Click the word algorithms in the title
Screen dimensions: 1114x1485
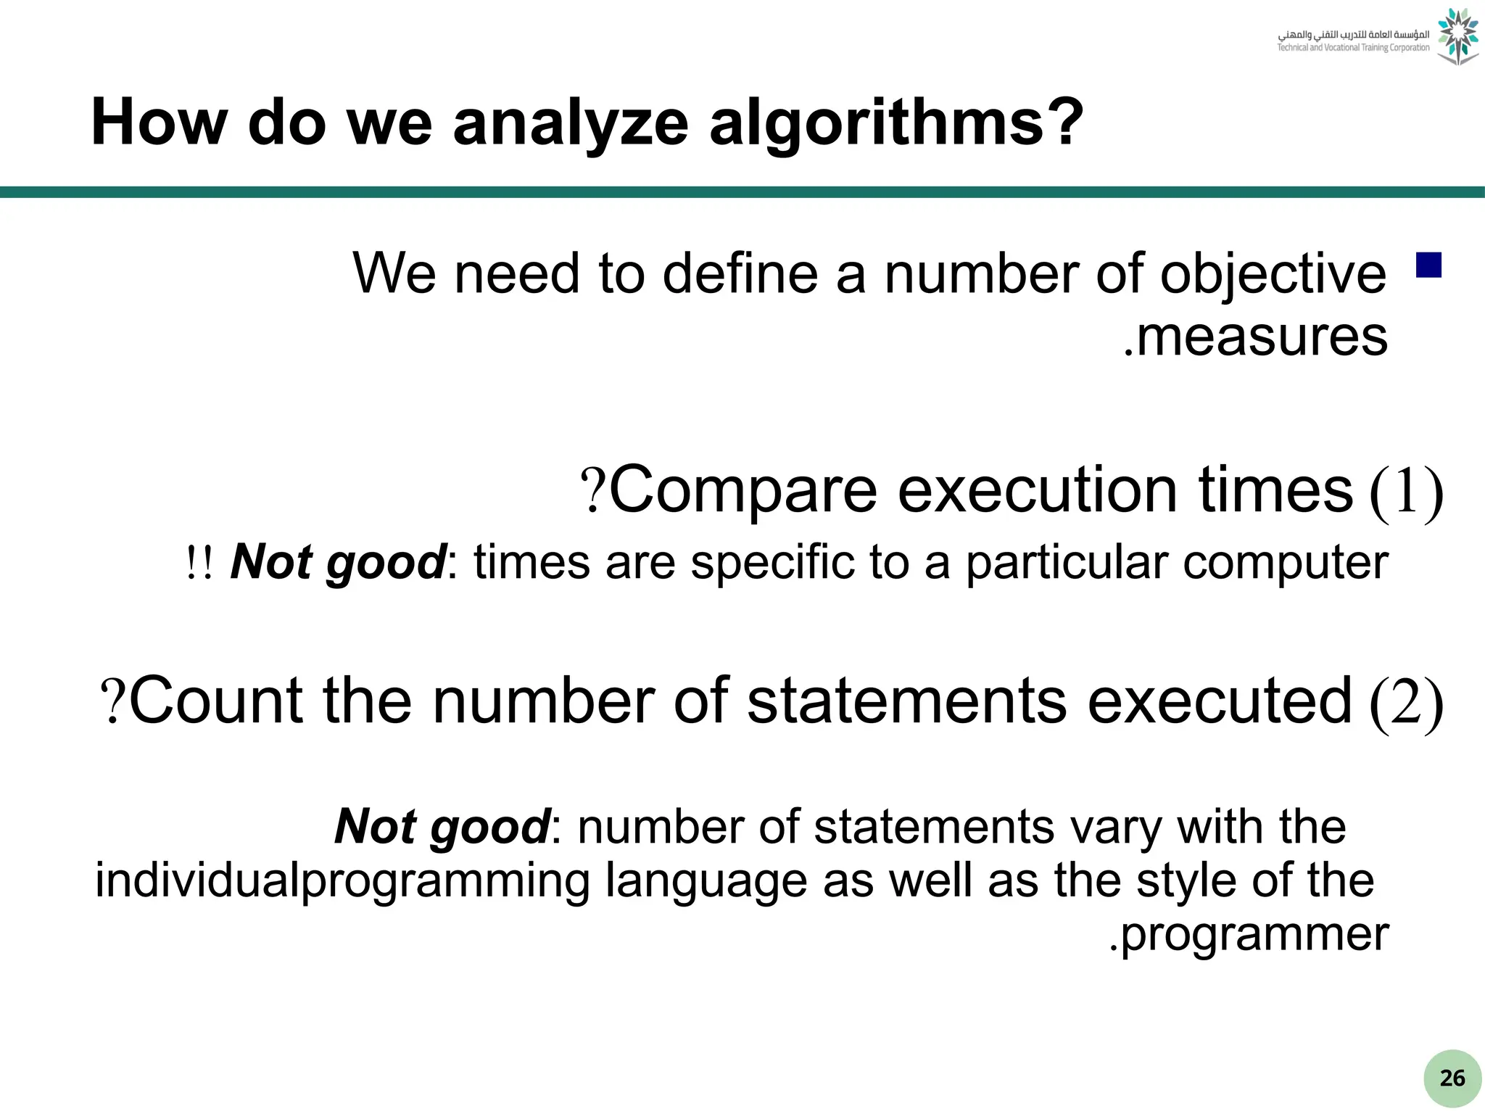895,123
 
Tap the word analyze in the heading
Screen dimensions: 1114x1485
570,123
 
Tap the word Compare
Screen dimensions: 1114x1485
743,492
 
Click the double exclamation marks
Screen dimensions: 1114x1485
199,564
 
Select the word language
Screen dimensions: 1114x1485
706,882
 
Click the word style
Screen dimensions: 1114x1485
1186,880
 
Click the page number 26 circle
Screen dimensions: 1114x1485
1452,1078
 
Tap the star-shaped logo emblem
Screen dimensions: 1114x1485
1457,36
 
